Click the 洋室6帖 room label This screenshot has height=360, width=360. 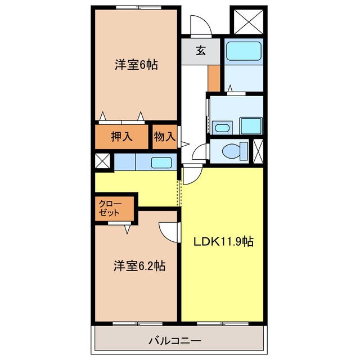(136, 65)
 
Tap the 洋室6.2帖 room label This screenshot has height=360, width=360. (140, 265)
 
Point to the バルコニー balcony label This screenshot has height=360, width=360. (175, 341)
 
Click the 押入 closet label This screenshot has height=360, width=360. (121, 136)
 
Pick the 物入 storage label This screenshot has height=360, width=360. (165, 136)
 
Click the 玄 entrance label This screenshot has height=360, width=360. (201, 51)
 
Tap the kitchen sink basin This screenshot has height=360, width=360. (161, 163)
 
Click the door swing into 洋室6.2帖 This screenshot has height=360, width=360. (169, 231)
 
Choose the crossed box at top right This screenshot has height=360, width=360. (249, 21)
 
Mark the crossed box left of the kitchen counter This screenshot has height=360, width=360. (103, 161)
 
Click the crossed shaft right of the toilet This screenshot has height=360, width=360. (258, 150)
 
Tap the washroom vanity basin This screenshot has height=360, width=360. (222, 128)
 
